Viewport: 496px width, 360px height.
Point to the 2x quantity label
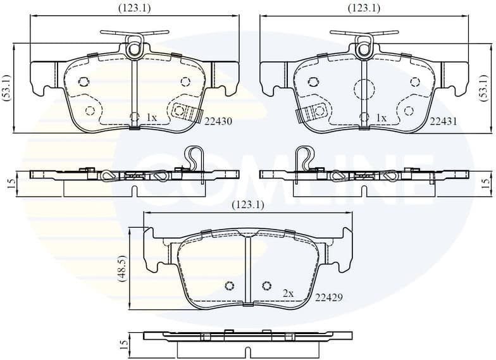(288, 294)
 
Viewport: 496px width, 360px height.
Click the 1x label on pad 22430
(151, 118)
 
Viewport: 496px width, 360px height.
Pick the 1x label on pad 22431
(381, 118)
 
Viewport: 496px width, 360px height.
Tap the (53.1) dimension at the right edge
(483, 88)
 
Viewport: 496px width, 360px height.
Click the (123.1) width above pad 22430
(134, 8)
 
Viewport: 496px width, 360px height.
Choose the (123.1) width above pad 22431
(364, 8)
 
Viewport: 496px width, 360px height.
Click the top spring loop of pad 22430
(134, 46)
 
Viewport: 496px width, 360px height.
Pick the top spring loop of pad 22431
(364, 46)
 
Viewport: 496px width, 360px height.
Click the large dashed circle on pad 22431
(364, 90)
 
